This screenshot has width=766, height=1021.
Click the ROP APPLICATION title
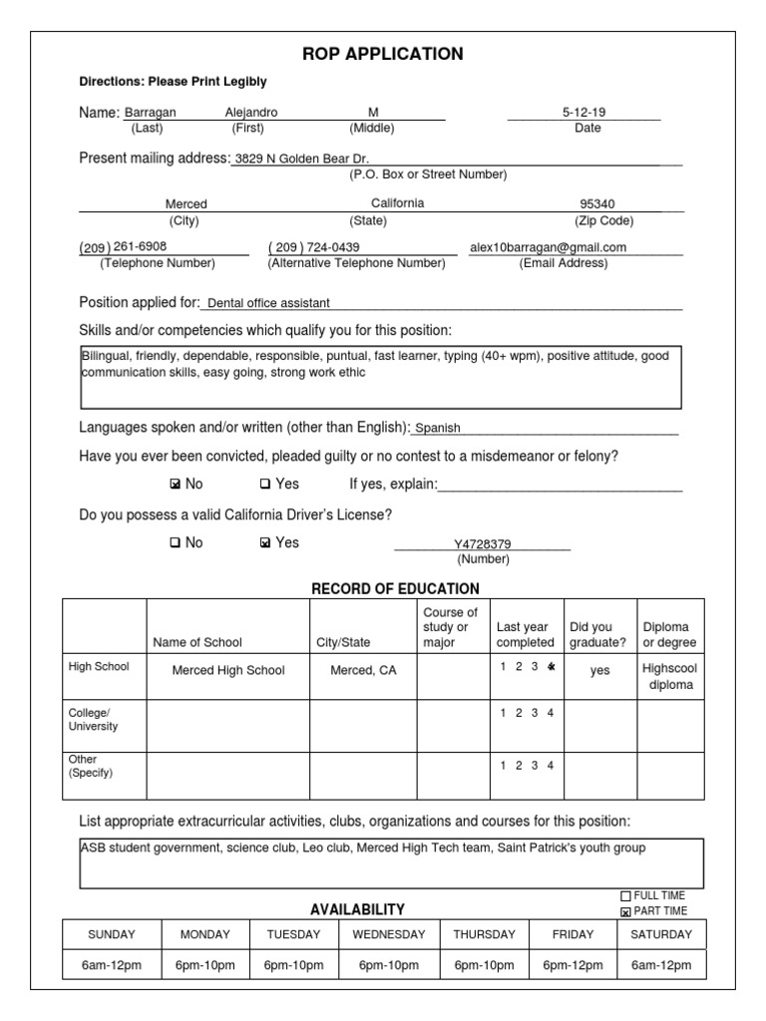coord(382,54)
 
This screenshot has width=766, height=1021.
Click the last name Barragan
coord(150,113)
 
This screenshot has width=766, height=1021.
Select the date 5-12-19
coord(583,113)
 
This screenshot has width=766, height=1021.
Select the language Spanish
coord(438,428)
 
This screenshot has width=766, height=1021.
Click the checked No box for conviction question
coord(175,485)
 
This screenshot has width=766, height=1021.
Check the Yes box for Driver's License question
coord(264,543)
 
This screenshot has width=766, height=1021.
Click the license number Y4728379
coord(483,544)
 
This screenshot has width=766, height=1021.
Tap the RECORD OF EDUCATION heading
coord(395,588)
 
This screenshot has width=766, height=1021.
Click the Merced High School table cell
coord(228,670)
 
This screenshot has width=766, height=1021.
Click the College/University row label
coord(93,719)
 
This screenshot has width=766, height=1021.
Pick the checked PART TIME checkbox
coord(625,911)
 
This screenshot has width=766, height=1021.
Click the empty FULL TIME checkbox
coord(625,896)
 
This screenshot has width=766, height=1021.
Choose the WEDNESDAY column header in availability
coord(389,934)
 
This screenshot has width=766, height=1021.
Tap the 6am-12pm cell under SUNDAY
coord(111,965)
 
